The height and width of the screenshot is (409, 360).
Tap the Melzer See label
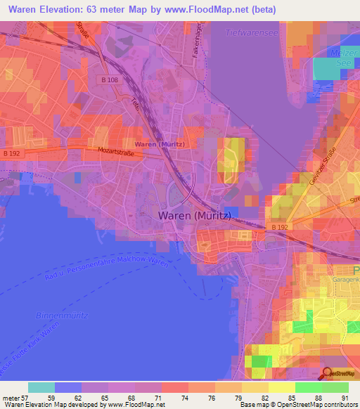tap(343, 58)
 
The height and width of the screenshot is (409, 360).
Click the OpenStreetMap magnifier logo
tap(328, 374)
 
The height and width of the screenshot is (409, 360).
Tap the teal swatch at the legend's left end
tap(41, 387)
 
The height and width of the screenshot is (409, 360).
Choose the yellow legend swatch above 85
tap(281, 387)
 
